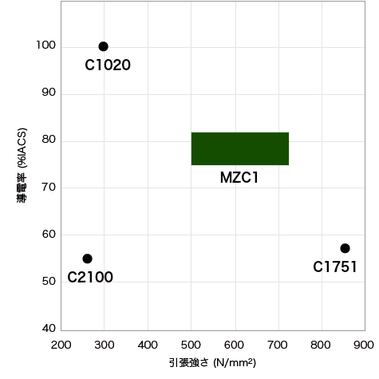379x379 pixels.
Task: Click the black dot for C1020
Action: point(103,46)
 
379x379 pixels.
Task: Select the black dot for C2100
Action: point(87,259)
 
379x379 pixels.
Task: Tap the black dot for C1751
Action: point(345,248)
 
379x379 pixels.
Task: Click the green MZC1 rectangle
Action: point(240,148)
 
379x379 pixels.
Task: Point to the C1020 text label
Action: point(108,65)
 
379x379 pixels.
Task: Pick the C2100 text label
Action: point(90,277)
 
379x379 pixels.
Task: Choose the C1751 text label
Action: point(335,266)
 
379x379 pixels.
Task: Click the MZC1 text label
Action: point(239,177)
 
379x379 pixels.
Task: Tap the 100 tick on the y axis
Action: point(46,45)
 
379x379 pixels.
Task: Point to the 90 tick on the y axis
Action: point(49,93)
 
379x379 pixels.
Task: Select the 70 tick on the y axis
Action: point(49,188)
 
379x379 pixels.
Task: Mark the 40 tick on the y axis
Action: point(49,329)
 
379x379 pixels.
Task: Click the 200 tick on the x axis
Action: point(61,345)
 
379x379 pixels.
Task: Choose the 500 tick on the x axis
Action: point(191,345)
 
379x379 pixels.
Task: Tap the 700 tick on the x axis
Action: point(278,345)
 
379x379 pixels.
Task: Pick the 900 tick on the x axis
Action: point(364,345)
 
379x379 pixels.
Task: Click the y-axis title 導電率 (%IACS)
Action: point(22,165)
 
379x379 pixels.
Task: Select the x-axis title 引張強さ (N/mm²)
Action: point(212,362)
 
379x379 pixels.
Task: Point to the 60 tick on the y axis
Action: point(49,235)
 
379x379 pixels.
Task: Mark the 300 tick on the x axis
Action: point(105,345)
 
